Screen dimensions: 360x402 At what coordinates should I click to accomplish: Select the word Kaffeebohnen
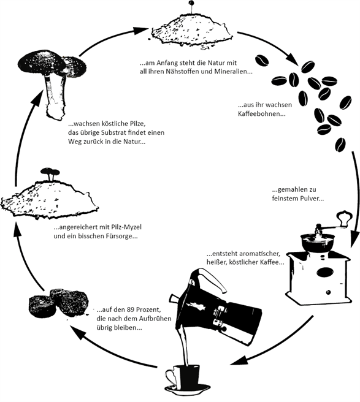tap(262, 113)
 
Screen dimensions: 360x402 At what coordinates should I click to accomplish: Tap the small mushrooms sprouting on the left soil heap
tap(50, 173)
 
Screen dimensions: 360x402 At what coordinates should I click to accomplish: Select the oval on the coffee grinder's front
tap(325, 272)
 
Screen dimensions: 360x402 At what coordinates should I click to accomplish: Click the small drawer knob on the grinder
tap(328, 292)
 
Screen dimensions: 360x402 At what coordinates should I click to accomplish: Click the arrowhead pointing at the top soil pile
tap(142, 29)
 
